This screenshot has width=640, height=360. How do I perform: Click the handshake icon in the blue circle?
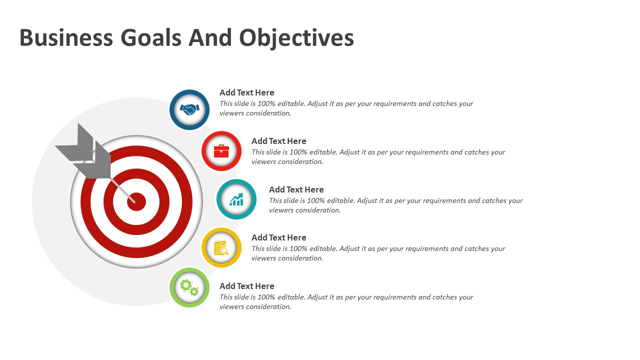(x=189, y=109)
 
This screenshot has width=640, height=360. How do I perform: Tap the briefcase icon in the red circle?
(x=221, y=150)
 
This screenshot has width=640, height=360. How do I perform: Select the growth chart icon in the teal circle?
(x=236, y=199)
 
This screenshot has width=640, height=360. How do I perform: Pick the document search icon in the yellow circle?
(x=221, y=248)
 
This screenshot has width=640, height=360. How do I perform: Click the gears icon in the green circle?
(x=189, y=287)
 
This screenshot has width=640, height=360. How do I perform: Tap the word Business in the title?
(x=66, y=38)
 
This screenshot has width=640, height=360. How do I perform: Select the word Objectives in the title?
(x=296, y=38)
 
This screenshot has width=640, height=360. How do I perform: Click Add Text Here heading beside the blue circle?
(x=247, y=92)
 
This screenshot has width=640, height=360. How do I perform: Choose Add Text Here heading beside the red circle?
(x=279, y=141)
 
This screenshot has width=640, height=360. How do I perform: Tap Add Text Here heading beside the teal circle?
(x=296, y=189)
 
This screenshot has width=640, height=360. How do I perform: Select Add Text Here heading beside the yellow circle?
(x=279, y=237)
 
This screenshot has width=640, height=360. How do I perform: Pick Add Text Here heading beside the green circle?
(x=247, y=286)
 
